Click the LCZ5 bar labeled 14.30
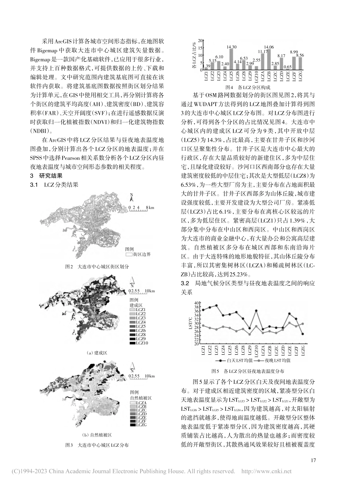[x=231, y=59]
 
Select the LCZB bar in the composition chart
[x=269, y=59]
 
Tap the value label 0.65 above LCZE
[x=288, y=66]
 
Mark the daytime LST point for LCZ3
[x=216, y=305]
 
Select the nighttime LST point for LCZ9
[x=249, y=334]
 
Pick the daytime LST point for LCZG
[x=302, y=334]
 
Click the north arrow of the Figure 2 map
[x=131, y=197]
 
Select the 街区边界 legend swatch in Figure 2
[x=128, y=255]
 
